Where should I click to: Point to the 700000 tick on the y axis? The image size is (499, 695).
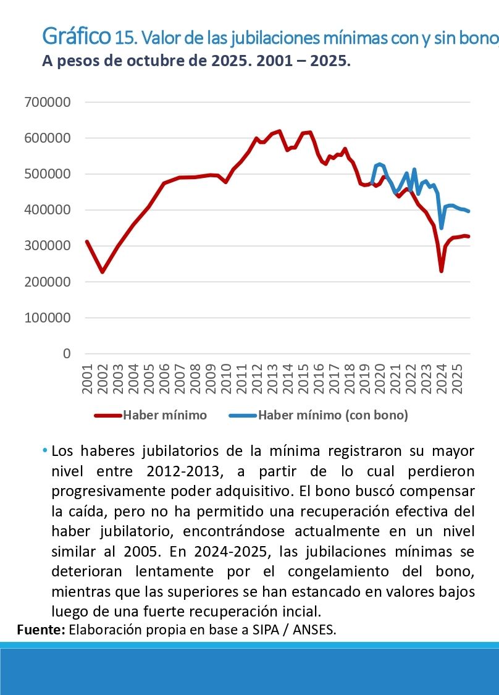[x=48, y=103]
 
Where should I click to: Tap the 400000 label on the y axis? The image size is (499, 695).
[x=48, y=210]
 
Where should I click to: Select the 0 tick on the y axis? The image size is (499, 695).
[x=65, y=354]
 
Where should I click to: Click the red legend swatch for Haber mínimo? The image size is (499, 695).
[x=107, y=415]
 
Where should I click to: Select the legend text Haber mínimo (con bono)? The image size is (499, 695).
[x=333, y=415]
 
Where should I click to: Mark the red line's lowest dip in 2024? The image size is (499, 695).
[x=441, y=271]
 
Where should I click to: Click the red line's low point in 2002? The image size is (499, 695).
[x=103, y=272]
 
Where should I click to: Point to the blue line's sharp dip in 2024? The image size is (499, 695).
[x=441, y=227]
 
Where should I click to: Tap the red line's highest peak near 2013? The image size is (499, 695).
[x=280, y=131]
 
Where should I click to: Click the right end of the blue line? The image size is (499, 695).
[x=469, y=211]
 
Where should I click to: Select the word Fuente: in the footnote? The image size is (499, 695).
[x=41, y=630]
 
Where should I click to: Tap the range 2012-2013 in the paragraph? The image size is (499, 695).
[x=183, y=471]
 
